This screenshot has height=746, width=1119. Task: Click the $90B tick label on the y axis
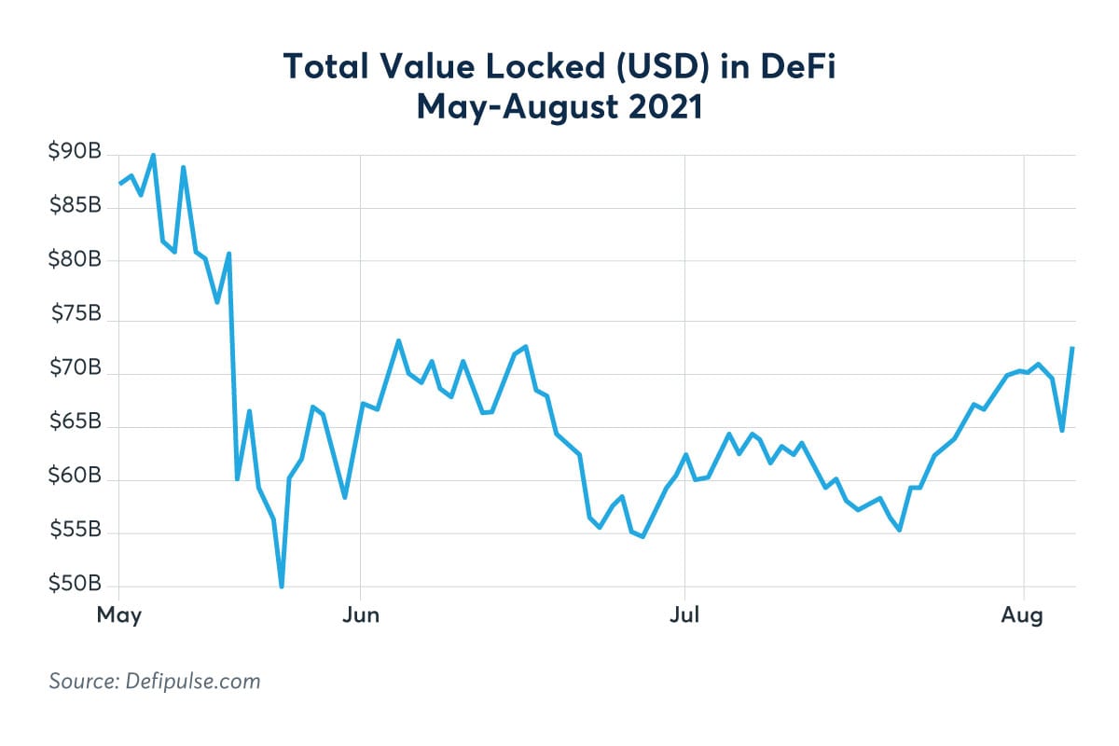(x=75, y=153)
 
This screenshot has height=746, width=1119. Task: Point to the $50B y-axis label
(x=75, y=585)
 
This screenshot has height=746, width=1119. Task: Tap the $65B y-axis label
(x=75, y=422)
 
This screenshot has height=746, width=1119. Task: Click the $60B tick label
(x=75, y=477)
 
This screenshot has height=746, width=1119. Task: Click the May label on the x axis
(x=119, y=616)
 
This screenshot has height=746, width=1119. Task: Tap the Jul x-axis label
(x=685, y=616)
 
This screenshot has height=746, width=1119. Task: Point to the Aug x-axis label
(x=1025, y=616)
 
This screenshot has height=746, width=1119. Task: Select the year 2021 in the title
(x=660, y=106)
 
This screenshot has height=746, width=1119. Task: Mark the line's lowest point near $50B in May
(x=282, y=587)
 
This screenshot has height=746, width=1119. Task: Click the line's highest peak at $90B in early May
(x=153, y=156)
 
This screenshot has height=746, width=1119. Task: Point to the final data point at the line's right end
(x=1073, y=348)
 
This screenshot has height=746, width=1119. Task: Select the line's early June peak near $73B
(x=398, y=340)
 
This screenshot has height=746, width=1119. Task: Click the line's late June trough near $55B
(x=642, y=536)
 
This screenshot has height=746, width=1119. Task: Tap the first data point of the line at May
(x=119, y=184)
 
